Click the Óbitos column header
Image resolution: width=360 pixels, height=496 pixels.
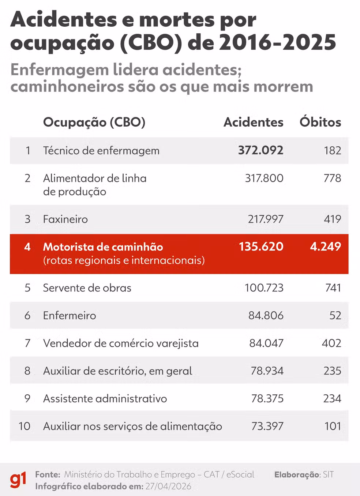320,122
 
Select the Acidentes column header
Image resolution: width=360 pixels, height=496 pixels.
253,122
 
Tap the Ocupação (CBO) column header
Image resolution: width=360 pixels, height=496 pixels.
94,122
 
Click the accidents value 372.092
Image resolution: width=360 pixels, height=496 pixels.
260,150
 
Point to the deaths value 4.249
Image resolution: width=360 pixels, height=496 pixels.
325,247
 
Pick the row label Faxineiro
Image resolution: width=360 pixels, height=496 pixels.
65,219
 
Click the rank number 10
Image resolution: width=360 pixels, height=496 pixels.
25,426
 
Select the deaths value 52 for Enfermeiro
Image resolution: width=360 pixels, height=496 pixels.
335,315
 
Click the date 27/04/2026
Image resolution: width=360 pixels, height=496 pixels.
168,486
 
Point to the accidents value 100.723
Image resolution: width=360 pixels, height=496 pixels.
264,288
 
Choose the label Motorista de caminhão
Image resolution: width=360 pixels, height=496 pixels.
103,247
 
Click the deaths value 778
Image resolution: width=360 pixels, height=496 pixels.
332,178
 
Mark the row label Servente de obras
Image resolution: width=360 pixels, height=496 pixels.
87,288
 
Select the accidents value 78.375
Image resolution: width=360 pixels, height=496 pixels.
267,398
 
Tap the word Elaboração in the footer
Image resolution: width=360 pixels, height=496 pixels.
297,475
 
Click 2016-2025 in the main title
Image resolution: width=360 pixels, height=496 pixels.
277,42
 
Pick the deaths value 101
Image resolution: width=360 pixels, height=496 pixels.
333,426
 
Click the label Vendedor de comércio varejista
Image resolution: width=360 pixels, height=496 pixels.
121,343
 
